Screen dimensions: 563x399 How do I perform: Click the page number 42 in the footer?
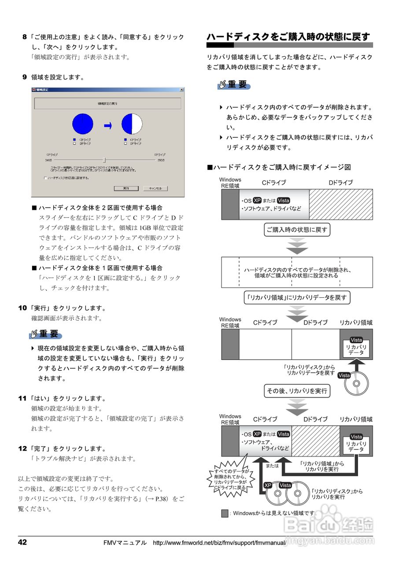[x=22, y=542]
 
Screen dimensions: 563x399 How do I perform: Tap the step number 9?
[x=25, y=77]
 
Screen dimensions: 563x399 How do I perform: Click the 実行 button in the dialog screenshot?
[x=126, y=188]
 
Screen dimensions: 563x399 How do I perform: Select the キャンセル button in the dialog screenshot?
[x=155, y=188]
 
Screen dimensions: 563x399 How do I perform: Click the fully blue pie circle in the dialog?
[x=83, y=123]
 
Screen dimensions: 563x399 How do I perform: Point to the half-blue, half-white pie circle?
[x=132, y=123]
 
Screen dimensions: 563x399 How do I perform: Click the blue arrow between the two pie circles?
[x=108, y=126]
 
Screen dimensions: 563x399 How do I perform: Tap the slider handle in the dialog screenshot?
[x=104, y=160]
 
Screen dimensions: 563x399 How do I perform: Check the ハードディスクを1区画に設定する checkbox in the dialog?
[x=45, y=178]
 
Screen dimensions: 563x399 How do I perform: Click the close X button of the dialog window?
[x=181, y=90]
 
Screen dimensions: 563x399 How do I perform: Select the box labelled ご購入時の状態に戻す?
[x=297, y=230]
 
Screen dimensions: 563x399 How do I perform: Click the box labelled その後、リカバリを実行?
[x=297, y=391]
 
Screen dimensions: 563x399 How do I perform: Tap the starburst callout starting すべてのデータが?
[x=229, y=479]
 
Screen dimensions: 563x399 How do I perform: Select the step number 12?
[x=22, y=449]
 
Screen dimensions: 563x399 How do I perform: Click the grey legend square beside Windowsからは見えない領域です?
[x=225, y=513]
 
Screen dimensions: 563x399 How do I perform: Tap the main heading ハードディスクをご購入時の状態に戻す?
[x=288, y=37]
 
